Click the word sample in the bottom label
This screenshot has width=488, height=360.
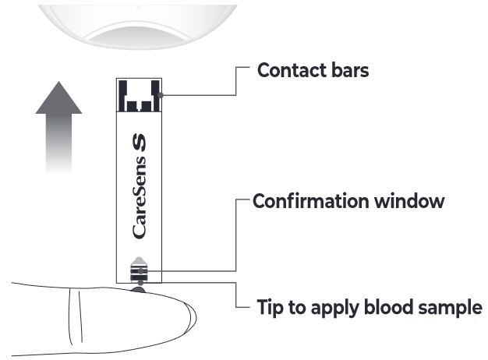448,307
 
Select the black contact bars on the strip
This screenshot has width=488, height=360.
138,94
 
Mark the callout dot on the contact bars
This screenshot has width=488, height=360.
159,95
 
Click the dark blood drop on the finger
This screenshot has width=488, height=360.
138,289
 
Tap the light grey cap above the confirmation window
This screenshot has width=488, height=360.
138,262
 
